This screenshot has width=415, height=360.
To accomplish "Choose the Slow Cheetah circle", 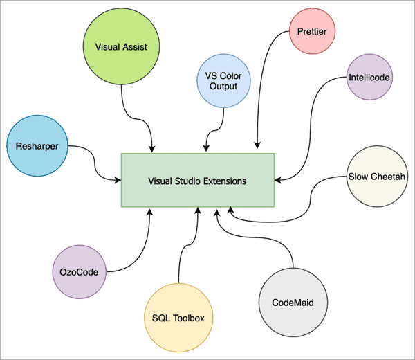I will [x=377, y=176].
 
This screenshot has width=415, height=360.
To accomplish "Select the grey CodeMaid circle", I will [x=291, y=302].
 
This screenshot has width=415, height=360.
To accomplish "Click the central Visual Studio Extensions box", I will [x=198, y=180].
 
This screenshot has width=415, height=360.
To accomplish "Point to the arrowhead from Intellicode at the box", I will [x=279, y=179].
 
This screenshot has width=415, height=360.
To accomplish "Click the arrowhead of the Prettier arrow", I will [x=258, y=146].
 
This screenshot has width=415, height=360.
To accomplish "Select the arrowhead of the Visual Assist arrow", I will [x=151, y=147].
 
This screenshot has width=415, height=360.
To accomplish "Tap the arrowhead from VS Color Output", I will [x=205, y=147].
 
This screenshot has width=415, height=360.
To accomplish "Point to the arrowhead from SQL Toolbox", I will [x=199, y=210].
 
